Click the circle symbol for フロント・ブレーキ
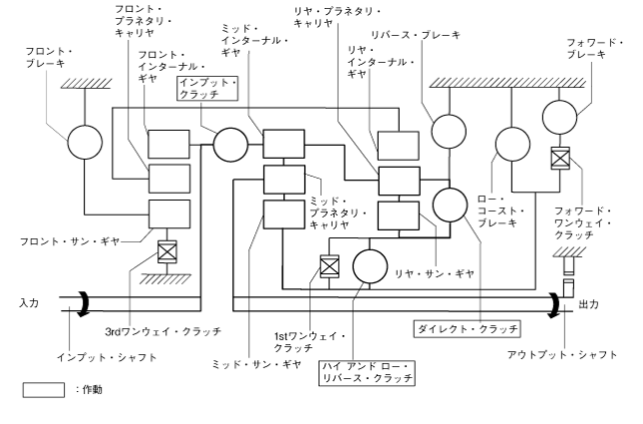(86, 144)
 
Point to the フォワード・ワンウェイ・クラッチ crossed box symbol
(560, 158)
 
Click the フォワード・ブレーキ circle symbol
(560, 116)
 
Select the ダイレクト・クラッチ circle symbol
(451, 204)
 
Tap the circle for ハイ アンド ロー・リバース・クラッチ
(370, 266)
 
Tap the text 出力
(589, 309)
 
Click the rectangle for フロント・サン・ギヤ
(168, 213)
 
